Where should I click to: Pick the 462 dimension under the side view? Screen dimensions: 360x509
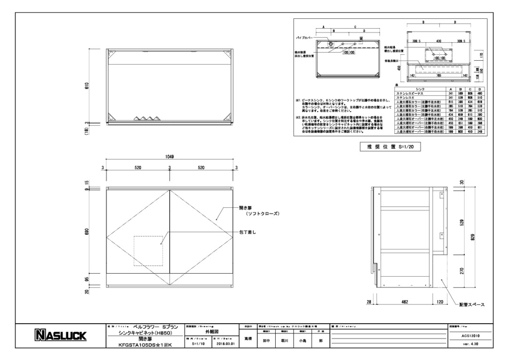[x=404, y=302]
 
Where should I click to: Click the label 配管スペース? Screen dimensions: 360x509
[x=472, y=305]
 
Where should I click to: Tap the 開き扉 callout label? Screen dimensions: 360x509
[x=248, y=207]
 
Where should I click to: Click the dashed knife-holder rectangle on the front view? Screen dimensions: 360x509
[x=148, y=251]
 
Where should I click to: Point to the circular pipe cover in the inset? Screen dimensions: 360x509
[x=330, y=44]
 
